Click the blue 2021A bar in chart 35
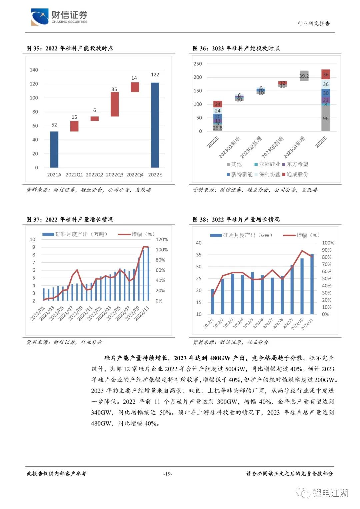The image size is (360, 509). click(x=54, y=149)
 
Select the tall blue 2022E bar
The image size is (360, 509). click(x=155, y=125)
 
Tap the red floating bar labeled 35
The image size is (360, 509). click(x=115, y=104)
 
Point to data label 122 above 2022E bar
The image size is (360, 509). click(x=155, y=75)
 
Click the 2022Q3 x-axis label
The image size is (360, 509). click(x=115, y=175)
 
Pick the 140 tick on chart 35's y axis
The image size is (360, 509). click(x=34, y=70)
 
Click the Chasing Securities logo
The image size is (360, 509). click(x=59, y=17)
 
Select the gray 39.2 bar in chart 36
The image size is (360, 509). click(x=304, y=76)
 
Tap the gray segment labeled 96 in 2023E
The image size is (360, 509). click(x=326, y=118)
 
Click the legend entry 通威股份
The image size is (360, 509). click(x=295, y=174)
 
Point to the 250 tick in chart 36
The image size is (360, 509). click(x=198, y=64)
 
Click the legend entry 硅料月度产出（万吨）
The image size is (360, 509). click(x=75, y=234)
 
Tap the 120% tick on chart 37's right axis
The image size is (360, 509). click(x=162, y=239)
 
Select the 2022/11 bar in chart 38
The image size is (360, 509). click(x=312, y=284)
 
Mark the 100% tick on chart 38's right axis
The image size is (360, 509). click(x=328, y=243)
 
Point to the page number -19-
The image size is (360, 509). click(x=168, y=474)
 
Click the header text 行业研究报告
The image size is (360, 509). click(x=314, y=23)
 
